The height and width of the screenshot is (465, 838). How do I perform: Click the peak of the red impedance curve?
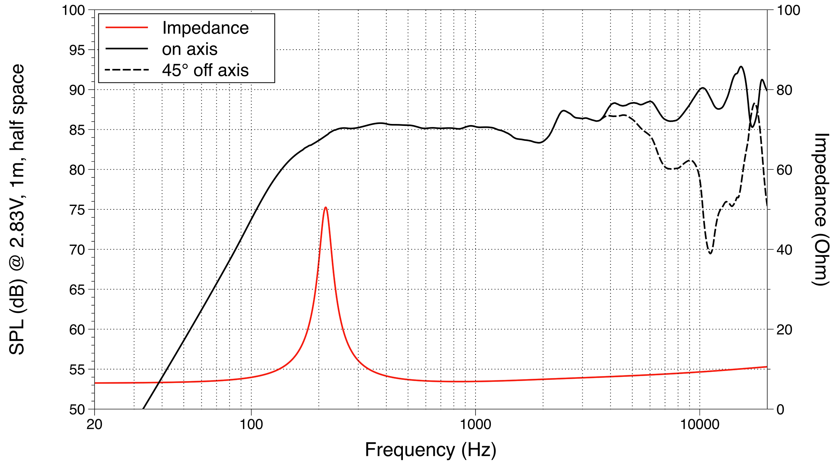326,207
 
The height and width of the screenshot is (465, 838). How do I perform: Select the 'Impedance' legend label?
205,28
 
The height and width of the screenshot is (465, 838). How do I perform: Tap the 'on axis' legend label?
190,49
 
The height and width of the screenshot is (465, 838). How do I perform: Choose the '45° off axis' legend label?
205,70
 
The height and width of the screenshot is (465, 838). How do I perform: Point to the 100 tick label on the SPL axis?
73,10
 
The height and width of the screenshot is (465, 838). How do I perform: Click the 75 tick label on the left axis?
77,210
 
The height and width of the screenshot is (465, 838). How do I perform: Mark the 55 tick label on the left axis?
77,370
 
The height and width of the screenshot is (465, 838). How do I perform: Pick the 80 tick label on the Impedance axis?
785,90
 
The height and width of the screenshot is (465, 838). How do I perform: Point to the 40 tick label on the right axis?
785,250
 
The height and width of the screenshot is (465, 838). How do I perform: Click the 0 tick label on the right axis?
781,410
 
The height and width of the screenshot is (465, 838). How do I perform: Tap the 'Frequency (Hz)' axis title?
431,450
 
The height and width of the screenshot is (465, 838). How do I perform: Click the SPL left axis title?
17,209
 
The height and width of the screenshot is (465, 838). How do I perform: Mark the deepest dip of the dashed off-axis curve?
710,253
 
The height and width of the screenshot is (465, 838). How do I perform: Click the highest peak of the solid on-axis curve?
741,67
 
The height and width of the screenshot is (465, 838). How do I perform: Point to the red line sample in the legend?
127,27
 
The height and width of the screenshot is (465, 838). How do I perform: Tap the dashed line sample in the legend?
127,70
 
